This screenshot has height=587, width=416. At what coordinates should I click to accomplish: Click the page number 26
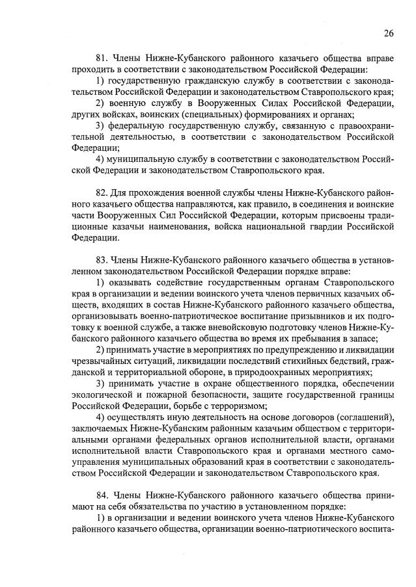click(x=389, y=33)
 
